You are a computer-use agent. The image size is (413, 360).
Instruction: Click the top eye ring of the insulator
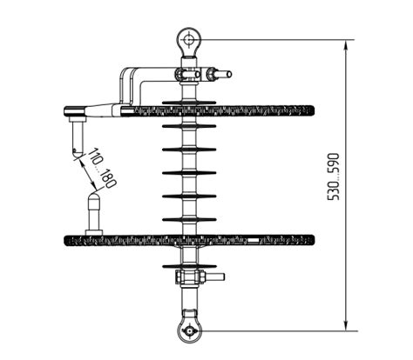(188, 39)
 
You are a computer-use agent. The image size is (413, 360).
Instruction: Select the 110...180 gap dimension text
(103, 169)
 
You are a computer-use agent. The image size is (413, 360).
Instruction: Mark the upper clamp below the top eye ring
(188, 74)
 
